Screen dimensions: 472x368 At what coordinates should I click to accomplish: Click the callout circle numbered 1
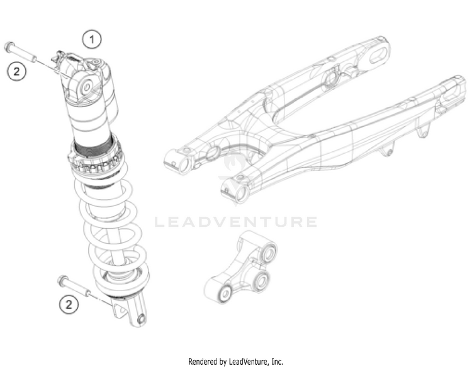click(x=93, y=39)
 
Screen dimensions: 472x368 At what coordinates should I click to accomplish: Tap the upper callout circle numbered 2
click(x=16, y=71)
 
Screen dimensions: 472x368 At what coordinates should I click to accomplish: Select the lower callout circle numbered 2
click(x=69, y=305)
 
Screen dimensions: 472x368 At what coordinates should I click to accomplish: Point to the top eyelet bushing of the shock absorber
click(x=86, y=84)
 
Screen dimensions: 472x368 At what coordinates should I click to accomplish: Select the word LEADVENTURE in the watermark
click(x=235, y=222)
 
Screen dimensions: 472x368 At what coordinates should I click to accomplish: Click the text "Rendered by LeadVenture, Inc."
click(x=236, y=361)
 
